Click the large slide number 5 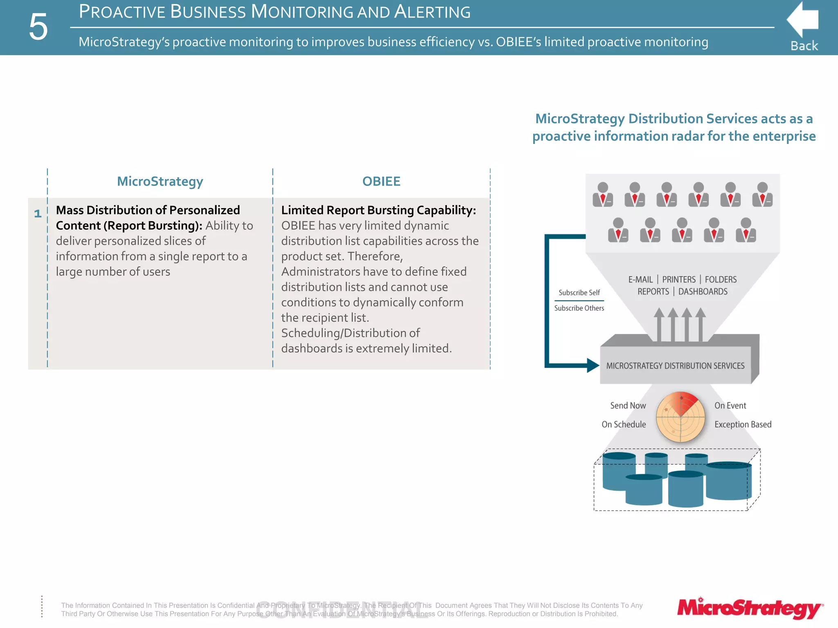[x=38, y=27]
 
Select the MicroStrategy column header [x=160, y=181]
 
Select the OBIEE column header [x=381, y=181]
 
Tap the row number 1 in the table [x=38, y=213]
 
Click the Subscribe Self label [x=579, y=292]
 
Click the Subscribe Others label [x=579, y=308]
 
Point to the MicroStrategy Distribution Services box [x=675, y=366]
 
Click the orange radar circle [x=680, y=417]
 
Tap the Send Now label [x=628, y=406]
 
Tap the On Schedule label [x=624, y=424]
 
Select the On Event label [x=730, y=406]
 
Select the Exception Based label [x=743, y=424]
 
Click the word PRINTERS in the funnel [x=679, y=280]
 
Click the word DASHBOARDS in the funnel [x=703, y=292]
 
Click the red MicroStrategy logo [x=750, y=608]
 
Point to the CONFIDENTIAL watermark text [x=342, y=610]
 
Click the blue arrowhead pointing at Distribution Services [x=593, y=365]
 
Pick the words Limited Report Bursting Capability [x=378, y=210]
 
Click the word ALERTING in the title [x=432, y=12]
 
